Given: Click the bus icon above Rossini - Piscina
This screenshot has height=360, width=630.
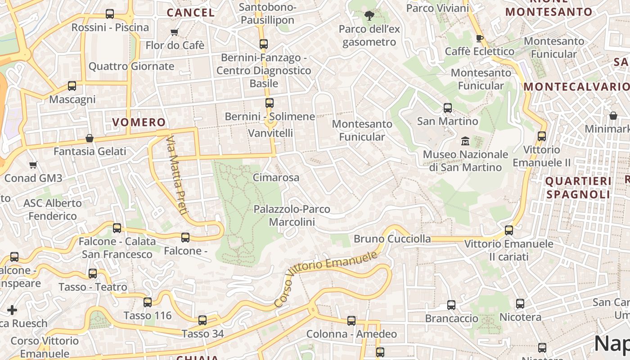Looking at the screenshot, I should coord(110,14).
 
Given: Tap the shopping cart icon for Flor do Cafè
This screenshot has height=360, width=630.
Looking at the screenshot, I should coord(175,32).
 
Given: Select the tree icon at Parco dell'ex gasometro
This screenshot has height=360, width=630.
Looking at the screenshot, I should coord(369,16).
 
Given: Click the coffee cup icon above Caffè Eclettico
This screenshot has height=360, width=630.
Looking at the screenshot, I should coord(480,38).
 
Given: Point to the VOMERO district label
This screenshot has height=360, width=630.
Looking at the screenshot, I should coord(139,122).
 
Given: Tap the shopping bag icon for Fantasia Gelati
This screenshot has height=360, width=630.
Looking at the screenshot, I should coord(90,138).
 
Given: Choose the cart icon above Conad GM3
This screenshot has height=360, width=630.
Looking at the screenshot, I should coord(33,165).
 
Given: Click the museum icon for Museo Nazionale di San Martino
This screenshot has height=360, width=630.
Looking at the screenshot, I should coord(465,141).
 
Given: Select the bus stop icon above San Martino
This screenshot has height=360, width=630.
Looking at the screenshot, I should coord(447,108).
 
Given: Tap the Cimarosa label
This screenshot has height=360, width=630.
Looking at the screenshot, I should coord(276,177).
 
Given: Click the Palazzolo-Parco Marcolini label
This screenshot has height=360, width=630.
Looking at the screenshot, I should coord(292,215).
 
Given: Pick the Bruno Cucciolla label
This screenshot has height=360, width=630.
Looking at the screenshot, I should coord(392,238).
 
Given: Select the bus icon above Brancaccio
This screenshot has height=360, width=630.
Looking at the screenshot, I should coord(451,305).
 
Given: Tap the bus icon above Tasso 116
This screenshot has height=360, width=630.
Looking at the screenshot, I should coord(148,302).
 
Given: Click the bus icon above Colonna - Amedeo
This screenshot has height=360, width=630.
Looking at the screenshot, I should coord(351,321).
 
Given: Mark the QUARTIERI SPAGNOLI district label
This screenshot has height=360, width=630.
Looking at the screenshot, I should coord(578,188).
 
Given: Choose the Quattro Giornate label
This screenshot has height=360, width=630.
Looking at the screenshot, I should coord(131,66).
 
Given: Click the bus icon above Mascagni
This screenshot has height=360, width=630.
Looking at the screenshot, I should coord(72,86).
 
